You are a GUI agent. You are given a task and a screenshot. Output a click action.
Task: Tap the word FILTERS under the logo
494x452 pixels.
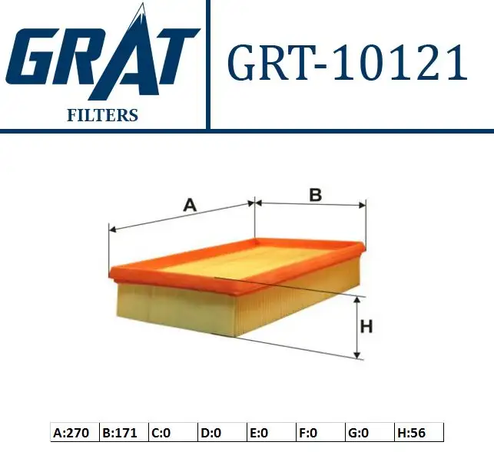pos(101,116)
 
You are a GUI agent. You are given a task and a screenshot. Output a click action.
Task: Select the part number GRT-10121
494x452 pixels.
pos(346,63)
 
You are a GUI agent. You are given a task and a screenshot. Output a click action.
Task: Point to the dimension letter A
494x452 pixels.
pos(190,205)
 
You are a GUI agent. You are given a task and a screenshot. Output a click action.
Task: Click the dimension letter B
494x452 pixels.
pos(314,195)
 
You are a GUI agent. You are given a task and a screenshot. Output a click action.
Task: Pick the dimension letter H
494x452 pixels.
pos(366,327)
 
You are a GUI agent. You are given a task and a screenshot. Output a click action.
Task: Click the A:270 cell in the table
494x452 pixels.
pos(74,433)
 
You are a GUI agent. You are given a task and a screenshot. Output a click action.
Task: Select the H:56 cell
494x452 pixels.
pos(418,433)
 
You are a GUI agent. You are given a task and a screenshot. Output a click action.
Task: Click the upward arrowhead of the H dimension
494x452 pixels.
pos(356,301)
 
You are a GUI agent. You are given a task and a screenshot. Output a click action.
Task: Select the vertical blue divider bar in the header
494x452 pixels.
pos(208,64)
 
